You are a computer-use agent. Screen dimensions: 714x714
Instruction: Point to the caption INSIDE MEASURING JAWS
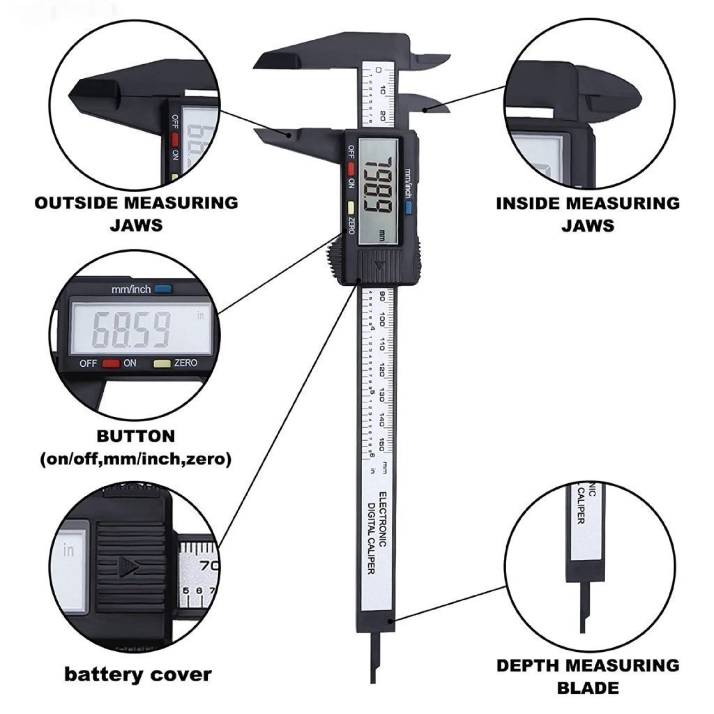click(x=588, y=214)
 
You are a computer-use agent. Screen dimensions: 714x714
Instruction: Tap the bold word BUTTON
click(x=136, y=436)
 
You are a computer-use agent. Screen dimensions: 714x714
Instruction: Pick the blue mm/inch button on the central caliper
click(x=408, y=208)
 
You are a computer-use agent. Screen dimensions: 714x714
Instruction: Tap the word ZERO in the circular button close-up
click(x=186, y=363)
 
